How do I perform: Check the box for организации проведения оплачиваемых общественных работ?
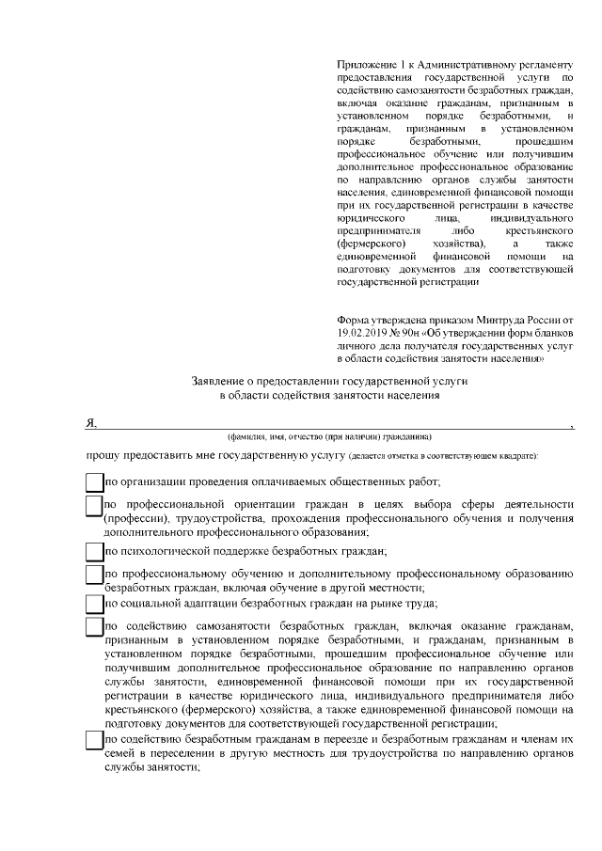coord(94,481)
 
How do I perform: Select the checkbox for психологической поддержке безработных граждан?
coord(94,550)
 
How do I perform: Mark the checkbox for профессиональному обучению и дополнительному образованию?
coord(94,575)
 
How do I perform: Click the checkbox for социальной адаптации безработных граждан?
coord(94,603)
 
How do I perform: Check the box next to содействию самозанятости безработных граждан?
coord(94,627)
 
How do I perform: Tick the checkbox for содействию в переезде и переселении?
coord(94,740)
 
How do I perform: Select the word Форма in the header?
coord(354,319)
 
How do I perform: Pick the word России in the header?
coord(541,319)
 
